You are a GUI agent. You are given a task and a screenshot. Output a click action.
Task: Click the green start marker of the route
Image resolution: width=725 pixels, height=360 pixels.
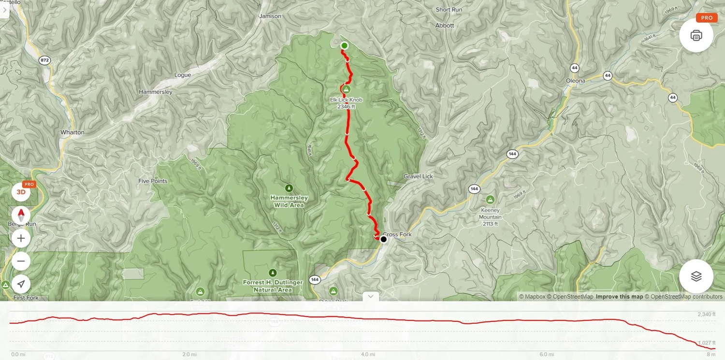[x=344, y=46]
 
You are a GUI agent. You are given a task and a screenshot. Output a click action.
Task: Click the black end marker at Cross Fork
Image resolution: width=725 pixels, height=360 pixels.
[x=383, y=239]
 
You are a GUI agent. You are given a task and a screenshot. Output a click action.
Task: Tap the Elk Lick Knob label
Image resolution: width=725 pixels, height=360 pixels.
[x=346, y=100]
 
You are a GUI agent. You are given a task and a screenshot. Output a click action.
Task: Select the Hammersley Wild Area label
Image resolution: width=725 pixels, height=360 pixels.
[x=289, y=202]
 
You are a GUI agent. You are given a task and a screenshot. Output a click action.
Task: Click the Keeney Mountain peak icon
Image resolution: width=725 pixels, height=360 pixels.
[x=490, y=200]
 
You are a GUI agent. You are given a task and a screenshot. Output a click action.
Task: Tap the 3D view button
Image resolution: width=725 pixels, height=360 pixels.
[x=21, y=192]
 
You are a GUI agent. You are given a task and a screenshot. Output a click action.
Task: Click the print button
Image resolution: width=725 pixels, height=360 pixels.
[x=696, y=35]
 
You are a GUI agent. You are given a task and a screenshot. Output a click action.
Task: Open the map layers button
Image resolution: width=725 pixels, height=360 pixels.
[x=696, y=276]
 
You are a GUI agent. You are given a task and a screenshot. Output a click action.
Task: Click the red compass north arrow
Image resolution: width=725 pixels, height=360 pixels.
[x=21, y=215]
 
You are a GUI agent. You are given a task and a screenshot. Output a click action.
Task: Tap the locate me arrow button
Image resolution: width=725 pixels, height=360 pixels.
[x=21, y=284]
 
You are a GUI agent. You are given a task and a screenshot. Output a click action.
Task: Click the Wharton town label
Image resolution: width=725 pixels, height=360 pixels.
[x=72, y=132]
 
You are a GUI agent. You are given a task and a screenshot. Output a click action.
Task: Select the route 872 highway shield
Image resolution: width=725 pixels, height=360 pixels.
[x=45, y=60]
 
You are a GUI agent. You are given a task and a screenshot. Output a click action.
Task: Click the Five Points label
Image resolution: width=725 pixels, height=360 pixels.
[x=153, y=181]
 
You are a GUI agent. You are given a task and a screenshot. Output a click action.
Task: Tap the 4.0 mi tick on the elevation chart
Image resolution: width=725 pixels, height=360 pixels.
[x=368, y=354]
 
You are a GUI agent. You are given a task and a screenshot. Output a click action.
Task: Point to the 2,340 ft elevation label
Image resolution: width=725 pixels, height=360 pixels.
[x=706, y=315]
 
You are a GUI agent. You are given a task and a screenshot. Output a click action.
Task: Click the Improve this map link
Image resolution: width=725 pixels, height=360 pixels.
[x=619, y=297]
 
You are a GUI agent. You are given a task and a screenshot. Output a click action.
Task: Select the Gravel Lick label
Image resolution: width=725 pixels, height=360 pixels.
[x=419, y=177]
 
